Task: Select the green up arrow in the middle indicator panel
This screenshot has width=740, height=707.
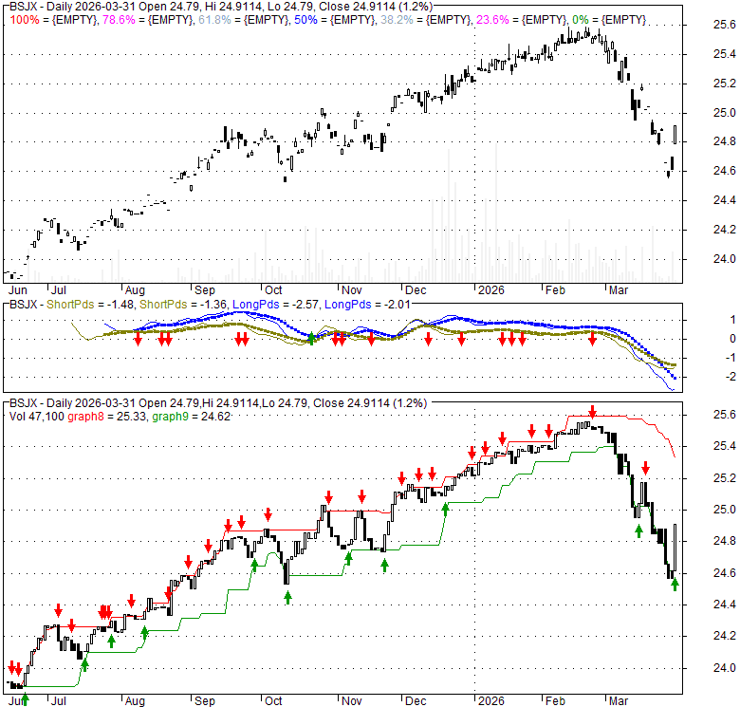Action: click(311, 339)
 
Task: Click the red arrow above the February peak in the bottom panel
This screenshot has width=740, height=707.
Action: click(592, 412)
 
